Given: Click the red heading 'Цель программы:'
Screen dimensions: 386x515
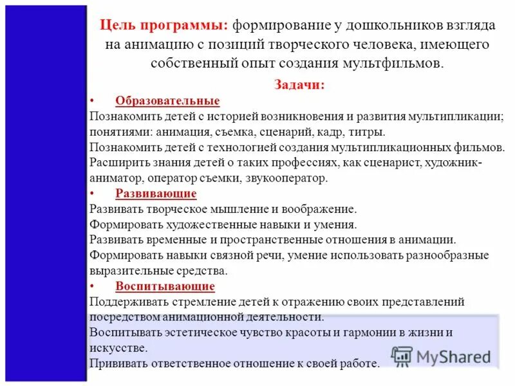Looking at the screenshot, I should click(164, 28).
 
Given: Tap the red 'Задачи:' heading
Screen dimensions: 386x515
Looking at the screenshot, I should click(299, 85).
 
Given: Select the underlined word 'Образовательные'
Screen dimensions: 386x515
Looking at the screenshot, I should click(167, 101).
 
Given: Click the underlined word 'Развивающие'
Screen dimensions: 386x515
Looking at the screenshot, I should click(156, 194).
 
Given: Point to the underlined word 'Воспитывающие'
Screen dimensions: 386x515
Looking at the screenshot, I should click(165, 286).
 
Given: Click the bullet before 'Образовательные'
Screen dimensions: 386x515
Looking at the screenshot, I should click(92, 101).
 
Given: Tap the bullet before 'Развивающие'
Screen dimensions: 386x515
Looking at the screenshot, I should click(92, 194).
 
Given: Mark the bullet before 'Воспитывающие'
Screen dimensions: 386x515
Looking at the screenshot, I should click(92, 286).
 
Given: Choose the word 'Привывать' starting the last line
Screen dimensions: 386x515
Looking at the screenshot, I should click(118, 363).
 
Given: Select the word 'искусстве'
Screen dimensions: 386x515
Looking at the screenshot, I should click(118, 348).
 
